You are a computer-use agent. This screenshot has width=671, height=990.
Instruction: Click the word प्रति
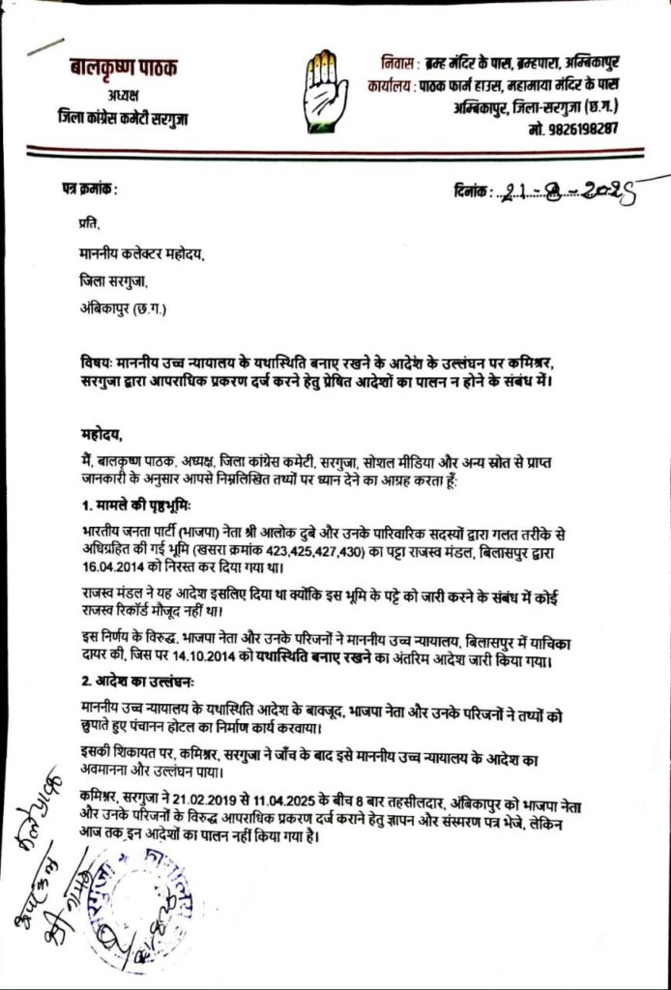tap(90, 224)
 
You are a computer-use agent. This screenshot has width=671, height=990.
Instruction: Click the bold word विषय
tap(96, 362)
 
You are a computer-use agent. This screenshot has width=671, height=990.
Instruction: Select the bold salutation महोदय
tap(103, 434)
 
